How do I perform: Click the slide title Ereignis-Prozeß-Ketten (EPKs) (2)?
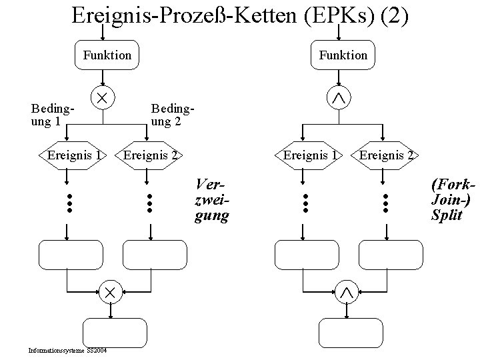click(239, 15)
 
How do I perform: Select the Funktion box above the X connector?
click(107, 55)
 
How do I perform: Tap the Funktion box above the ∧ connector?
click(343, 55)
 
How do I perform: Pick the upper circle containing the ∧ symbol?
click(339, 98)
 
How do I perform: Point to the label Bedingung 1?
click(51, 115)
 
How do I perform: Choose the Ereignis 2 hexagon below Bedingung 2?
click(151, 155)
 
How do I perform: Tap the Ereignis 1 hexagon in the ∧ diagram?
click(310, 155)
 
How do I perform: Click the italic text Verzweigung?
click(211, 199)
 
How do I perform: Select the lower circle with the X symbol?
click(109, 291)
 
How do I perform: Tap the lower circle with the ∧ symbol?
click(346, 291)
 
